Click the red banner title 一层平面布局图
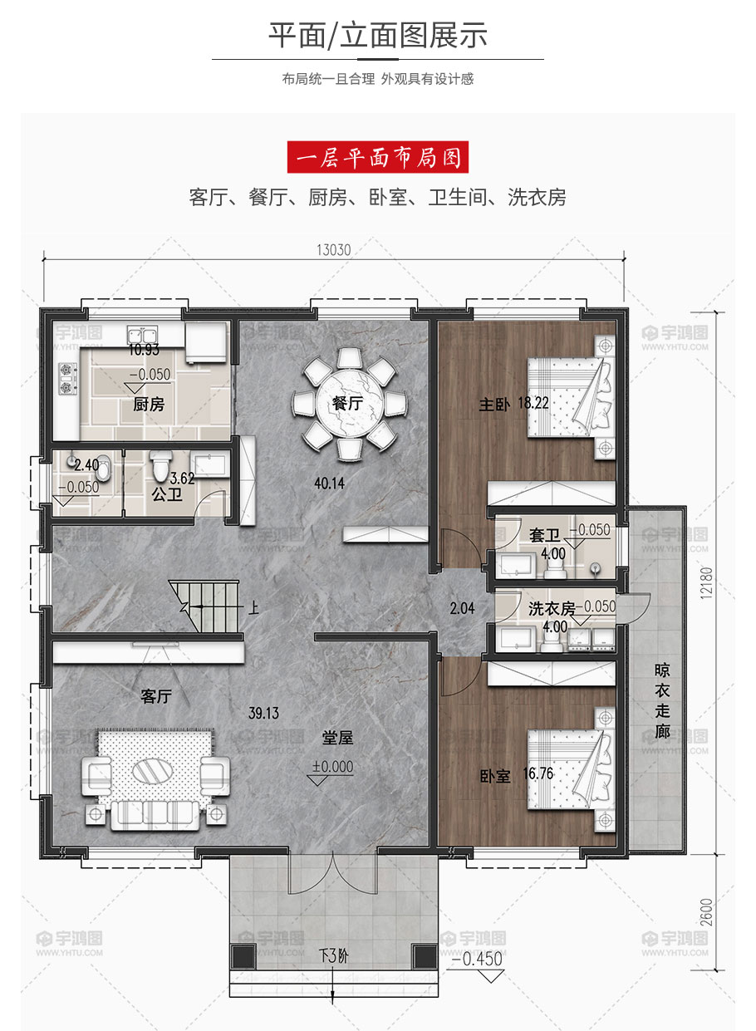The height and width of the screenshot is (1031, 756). pyautogui.click(x=378, y=157)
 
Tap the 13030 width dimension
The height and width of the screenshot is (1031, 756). pyautogui.click(x=334, y=250)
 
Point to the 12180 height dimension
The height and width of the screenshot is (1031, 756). pyautogui.click(x=706, y=582)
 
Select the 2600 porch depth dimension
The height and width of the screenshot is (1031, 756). pyautogui.click(x=707, y=912)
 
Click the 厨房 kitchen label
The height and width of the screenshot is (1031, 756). pyautogui.click(x=149, y=404)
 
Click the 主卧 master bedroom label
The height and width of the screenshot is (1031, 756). pyautogui.click(x=494, y=405)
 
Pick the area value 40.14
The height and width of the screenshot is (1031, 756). pyautogui.click(x=330, y=484)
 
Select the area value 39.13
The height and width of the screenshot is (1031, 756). pyautogui.click(x=263, y=713)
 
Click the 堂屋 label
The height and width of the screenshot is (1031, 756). pyautogui.click(x=337, y=738)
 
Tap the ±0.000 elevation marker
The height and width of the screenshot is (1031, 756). pyautogui.click(x=332, y=767)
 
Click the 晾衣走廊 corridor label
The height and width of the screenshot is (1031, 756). pyautogui.click(x=662, y=700)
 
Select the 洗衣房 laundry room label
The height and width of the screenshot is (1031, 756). pyautogui.click(x=552, y=609)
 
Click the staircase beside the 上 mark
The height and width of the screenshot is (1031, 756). pyautogui.click(x=205, y=606)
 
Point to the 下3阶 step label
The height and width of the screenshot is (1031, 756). pyautogui.click(x=334, y=955)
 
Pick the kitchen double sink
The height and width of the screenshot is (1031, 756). pyautogui.click(x=142, y=335)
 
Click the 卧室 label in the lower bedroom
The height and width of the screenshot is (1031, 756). pyautogui.click(x=495, y=777)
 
